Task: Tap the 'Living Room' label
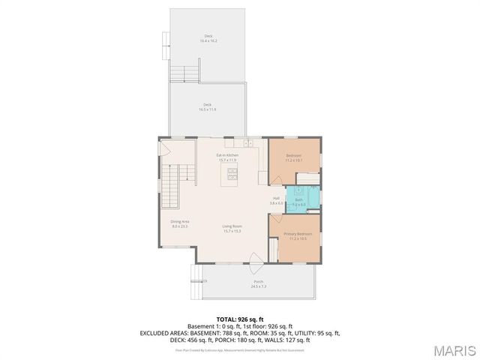coord(232,226)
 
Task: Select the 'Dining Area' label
coord(180,221)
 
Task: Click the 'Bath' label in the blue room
coord(298,199)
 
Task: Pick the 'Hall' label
coord(276,199)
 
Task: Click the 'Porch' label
coord(257,282)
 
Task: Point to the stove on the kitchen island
coord(232,176)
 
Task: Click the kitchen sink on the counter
coord(247,142)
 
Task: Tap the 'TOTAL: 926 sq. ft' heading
coord(239,319)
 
